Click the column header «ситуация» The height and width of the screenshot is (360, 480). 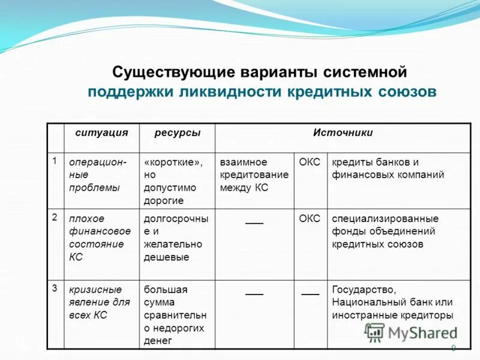point(101,133)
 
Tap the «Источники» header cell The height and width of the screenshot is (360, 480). point(343,133)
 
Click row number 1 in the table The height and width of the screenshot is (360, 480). point(55,161)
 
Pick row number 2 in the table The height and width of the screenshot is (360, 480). point(55,217)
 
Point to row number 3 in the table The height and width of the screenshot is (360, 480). point(55,288)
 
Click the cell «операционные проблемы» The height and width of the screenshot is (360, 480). point(98,175)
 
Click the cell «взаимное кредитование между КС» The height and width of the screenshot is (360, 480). point(254,175)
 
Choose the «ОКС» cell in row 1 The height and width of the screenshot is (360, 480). point(310,162)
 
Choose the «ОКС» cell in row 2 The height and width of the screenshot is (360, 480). point(310,218)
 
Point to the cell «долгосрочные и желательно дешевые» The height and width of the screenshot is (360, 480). point(176,238)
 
